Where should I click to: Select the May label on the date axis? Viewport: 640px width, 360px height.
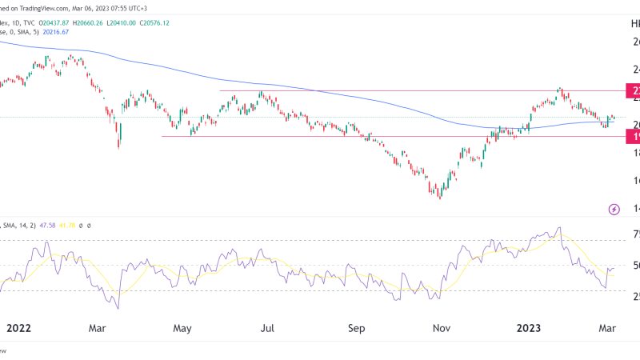coord(182,326)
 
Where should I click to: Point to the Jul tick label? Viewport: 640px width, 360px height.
coord(268,326)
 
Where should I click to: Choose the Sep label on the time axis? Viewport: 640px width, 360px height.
coord(357,326)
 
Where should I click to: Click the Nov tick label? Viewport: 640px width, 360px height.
coord(441,326)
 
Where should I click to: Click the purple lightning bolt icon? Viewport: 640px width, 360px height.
coord(614,210)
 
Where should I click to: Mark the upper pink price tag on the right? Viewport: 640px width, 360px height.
coord(632,90)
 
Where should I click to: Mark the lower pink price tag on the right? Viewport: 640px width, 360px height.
coord(632,137)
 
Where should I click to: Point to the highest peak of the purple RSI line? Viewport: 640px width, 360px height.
coord(558,228)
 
